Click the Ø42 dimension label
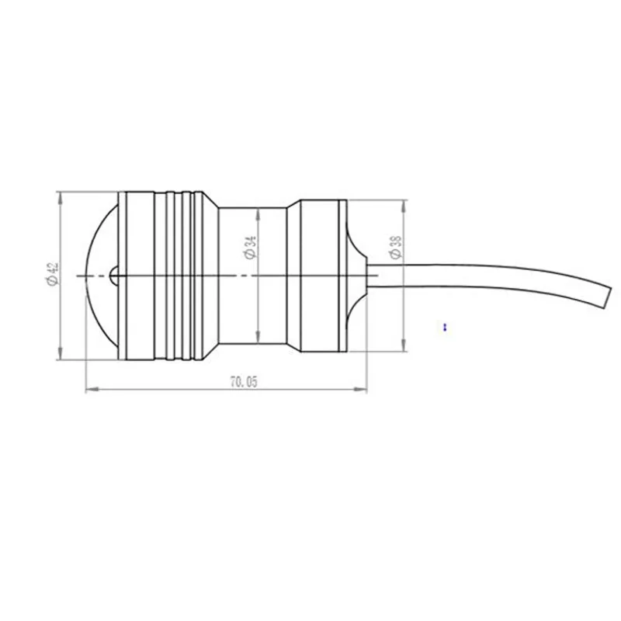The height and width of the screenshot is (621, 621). click(53, 273)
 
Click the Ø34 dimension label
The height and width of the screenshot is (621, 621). click(250, 248)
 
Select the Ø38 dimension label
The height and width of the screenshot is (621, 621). click(395, 248)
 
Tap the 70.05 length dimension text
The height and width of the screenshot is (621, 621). click(244, 382)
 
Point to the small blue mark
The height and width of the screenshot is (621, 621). click(445, 327)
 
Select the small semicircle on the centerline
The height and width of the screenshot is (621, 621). click(113, 276)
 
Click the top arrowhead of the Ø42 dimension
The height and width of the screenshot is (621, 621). click(61, 198)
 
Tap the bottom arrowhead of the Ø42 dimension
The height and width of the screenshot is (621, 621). click(61, 353)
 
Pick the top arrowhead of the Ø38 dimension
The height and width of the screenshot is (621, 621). click(404, 206)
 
